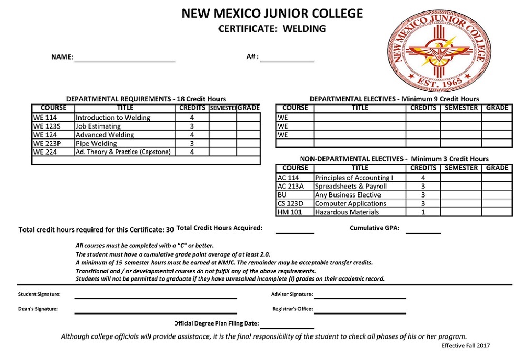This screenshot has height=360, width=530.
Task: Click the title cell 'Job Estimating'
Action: click(124, 126)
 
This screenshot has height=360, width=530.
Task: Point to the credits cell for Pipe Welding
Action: click(192, 143)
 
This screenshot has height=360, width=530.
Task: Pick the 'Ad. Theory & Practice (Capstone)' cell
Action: click(124, 152)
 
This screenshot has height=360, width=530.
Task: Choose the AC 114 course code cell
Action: click(295, 178)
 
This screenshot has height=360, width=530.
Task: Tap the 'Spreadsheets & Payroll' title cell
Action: click(360, 187)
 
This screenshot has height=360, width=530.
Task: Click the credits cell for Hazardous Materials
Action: click(423, 212)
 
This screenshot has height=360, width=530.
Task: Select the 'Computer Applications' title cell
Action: click(360, 204)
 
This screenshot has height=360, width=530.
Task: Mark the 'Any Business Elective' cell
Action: click(360, 195)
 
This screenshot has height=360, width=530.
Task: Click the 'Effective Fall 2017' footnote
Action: click(466, 345)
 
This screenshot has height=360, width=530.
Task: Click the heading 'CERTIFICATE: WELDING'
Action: click(272, 29)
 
